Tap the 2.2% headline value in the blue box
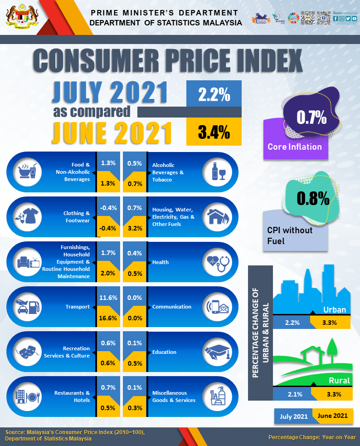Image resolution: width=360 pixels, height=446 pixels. click(214, 94)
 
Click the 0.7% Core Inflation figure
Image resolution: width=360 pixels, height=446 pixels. click(311, 118)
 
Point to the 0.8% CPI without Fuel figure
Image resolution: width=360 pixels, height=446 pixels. click(313, 198)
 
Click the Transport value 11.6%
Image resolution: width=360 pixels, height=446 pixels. click(108, 298)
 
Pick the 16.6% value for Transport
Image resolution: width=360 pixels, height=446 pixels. click(108, 318)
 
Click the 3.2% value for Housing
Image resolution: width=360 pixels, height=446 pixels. click(135, 228)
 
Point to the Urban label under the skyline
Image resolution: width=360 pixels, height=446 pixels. click(335, 310)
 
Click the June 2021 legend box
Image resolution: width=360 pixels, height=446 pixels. click(333, 416)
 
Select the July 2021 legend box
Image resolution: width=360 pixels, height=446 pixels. click(294, 416)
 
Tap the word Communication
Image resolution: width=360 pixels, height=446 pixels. click(172, 307)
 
